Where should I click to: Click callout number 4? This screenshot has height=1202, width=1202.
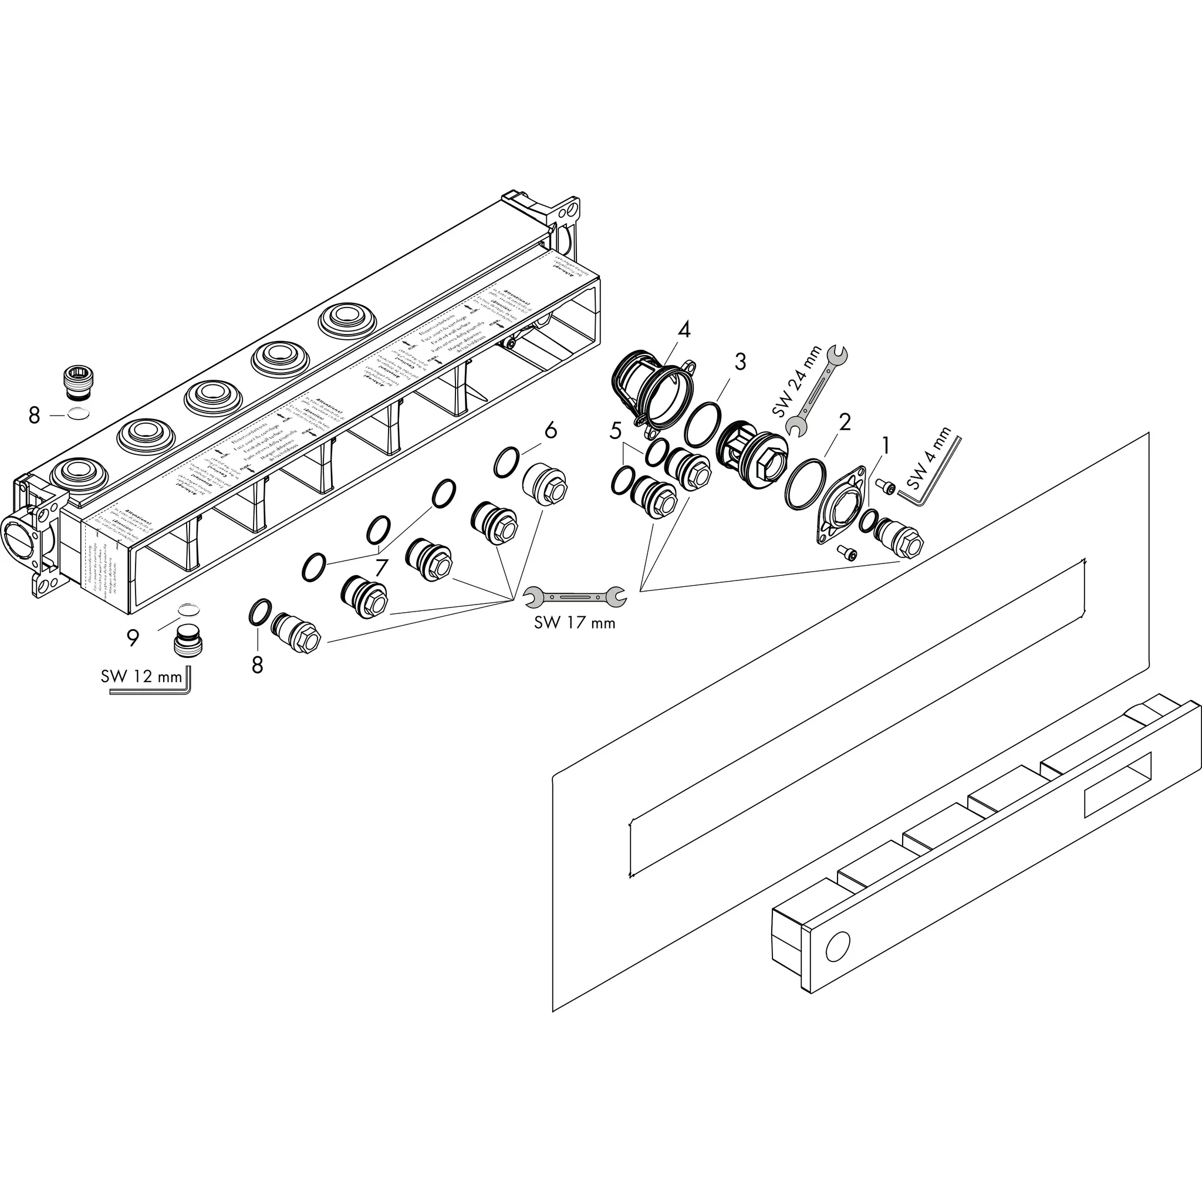[x=684, y=329]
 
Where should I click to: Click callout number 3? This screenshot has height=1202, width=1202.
[x=740, y=362]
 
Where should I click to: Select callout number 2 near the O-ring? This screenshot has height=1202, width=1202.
[x=844, y=423]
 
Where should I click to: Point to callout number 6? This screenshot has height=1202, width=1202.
[x=550, y=431]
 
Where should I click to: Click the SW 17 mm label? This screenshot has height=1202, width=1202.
[x=574, y=623]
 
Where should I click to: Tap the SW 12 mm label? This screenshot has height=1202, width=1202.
[x=141, y=676]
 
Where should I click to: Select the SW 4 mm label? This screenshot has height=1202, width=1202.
[x=929, y=458]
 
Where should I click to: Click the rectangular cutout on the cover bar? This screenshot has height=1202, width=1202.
[x=1117, y=785]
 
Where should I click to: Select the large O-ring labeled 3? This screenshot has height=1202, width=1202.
[x=703, y=424]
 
